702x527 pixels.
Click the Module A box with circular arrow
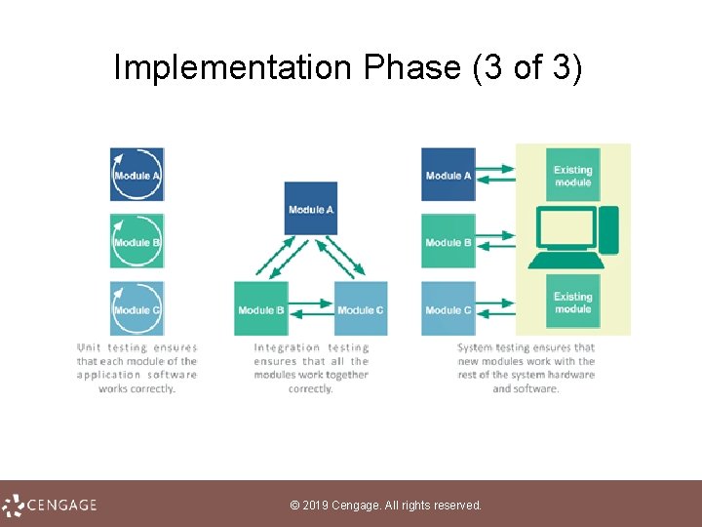(x=136, y=175)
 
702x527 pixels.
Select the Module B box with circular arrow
(x=136, y=241)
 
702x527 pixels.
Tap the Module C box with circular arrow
(x=136, y=308)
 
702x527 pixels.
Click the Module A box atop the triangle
(x=311, y=208)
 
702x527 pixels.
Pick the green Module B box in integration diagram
(x=261, y=308)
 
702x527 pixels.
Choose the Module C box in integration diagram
(x=361, y=308)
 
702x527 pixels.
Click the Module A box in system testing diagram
(x=448, y=175)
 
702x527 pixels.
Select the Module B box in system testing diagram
(x=448, y=241)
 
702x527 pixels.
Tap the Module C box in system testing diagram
(x=448, y=308)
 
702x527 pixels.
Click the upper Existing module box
(x=572, y=176)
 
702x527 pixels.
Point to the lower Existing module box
(x=572, y=302)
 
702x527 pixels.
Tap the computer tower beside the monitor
(x=608, y=230)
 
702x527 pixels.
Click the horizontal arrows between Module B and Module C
(x=311, y=312)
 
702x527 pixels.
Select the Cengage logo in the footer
(x=50, y=505)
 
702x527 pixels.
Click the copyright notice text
(x=386, y=506)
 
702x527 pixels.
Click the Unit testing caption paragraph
(x=136, y=367)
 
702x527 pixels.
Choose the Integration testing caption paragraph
(x=311, y=367)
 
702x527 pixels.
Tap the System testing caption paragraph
(x=526, y=367)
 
